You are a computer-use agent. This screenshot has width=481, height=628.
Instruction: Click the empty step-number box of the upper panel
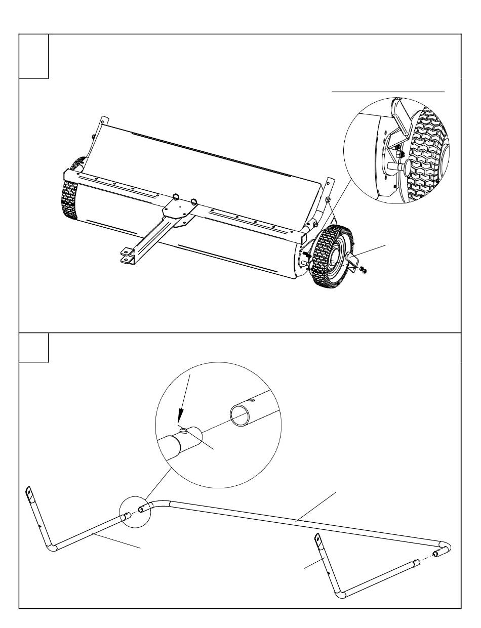[33, 56]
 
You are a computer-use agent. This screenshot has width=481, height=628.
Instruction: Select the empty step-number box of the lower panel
[33, 347]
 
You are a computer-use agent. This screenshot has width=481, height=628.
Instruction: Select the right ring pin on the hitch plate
[193, 200]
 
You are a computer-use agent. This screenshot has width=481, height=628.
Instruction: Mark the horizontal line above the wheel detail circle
[388, 92]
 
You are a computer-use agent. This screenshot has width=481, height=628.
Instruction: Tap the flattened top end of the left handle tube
[29, 492]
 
